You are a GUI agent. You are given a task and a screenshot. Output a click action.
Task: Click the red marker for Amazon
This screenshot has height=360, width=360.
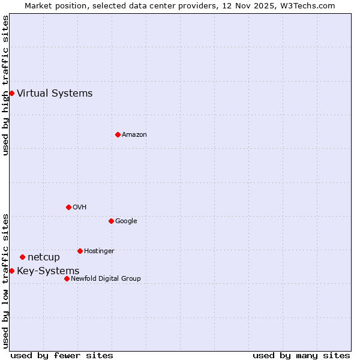coord(118,134)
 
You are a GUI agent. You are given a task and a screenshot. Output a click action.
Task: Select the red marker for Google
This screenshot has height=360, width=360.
coord(111,221)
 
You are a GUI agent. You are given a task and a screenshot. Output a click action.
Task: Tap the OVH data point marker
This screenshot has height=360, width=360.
coord(68,207)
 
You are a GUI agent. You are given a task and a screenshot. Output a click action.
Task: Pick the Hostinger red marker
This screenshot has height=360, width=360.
coord(80,251)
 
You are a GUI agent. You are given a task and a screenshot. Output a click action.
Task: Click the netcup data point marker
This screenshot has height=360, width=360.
coord(22,257)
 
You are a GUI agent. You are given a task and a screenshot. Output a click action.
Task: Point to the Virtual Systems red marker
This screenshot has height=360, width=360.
coord(11,93)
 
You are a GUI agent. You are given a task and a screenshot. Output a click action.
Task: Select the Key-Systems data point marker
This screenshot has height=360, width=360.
coord(11,271)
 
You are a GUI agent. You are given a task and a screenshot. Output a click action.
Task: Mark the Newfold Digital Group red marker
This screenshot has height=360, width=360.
coord(67,278)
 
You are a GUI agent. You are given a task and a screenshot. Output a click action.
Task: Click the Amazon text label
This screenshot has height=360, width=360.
coord(134,134)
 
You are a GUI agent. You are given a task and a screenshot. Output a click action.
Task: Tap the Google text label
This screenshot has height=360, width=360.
coord(126,221)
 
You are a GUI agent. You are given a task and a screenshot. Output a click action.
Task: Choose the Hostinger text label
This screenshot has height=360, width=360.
coord(99,251)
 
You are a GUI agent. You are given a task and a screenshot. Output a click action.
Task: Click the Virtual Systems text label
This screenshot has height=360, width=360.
coord(55,93)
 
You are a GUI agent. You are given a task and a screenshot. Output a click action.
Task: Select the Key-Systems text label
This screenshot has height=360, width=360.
coord(48,271)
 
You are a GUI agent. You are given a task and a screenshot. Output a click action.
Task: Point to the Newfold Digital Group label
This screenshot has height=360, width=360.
coord(106,278)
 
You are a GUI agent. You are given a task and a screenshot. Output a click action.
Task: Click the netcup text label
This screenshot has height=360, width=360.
coord(44,257)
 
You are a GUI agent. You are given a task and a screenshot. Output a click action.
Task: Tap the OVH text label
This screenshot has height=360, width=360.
coord(80,207)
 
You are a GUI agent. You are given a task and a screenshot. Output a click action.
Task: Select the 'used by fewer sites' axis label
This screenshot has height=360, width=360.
coord(62,355)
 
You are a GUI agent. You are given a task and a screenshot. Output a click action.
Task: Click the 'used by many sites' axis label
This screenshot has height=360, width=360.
coord(301,355)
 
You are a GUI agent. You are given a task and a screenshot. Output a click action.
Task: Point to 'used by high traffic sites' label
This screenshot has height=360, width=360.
coord(5,85)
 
